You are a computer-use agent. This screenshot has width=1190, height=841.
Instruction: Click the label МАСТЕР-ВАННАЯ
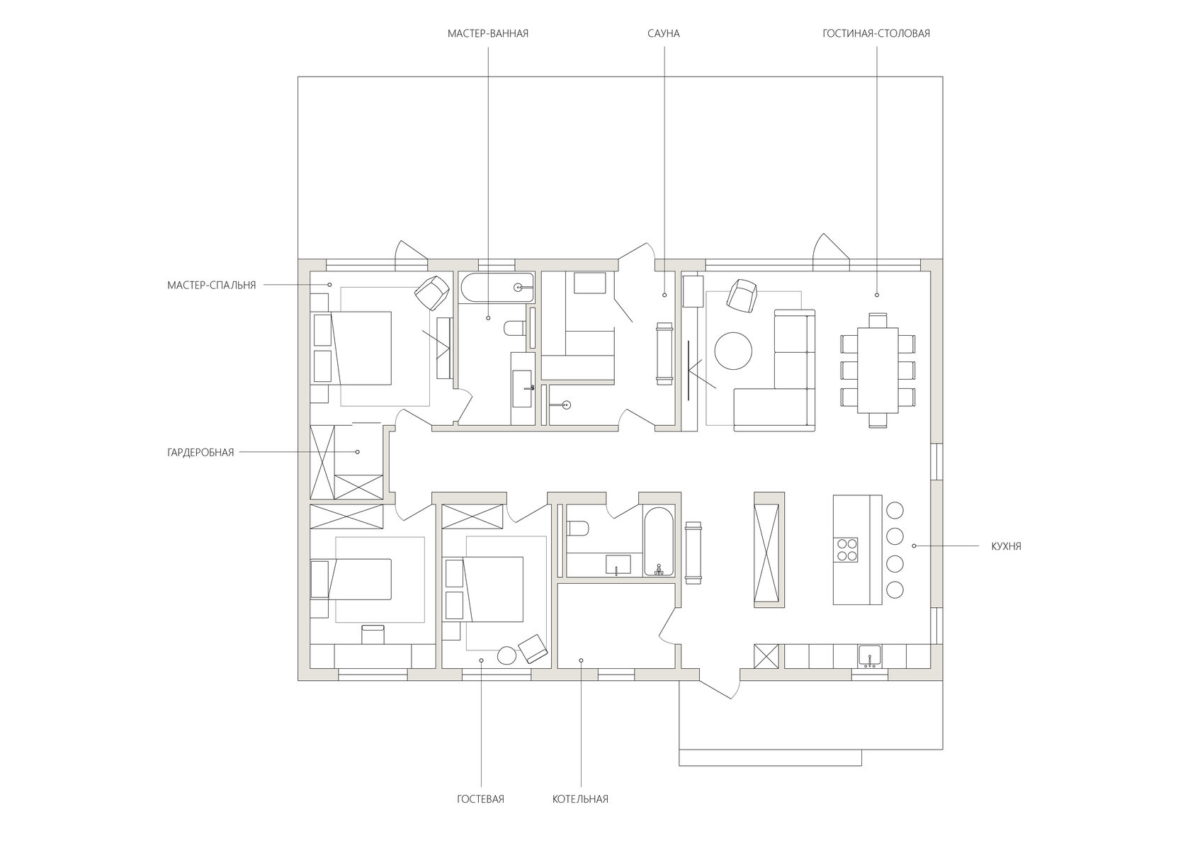click(x=487, y=33)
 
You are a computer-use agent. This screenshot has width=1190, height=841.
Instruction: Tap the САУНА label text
click(x=664, y=33)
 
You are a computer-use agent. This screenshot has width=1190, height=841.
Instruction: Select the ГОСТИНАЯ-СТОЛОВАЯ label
click(x=876, y=33)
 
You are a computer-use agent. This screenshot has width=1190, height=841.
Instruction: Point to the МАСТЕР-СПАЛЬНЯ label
click(x=211, y=286)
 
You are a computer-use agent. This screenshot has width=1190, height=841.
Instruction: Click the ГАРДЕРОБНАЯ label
click(x=200, y=453)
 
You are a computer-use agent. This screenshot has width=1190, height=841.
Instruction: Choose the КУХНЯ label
click(x=1006, y=546)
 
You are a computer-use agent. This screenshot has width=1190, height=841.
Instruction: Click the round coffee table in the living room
click(x=733, y=351)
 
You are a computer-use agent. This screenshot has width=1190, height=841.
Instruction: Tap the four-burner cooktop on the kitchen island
click(x=846, y=550)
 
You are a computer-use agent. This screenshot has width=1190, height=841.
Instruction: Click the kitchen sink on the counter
click(x=870, y=655)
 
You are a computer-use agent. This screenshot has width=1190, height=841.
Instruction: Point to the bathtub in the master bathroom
click(x=497, y=288)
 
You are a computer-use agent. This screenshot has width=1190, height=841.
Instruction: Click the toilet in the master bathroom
click(x=514, y=328)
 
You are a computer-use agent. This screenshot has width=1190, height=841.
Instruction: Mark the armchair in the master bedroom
click(x=432, y=293)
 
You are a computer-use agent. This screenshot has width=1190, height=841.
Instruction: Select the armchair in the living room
click(x=741, y=296)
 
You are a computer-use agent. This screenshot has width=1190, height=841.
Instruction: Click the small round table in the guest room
click(x=506, y=655)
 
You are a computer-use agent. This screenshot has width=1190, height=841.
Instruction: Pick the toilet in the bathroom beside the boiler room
click(x=577, y=529)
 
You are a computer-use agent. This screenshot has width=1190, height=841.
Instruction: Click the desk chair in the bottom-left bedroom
click(x=373, y=635)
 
